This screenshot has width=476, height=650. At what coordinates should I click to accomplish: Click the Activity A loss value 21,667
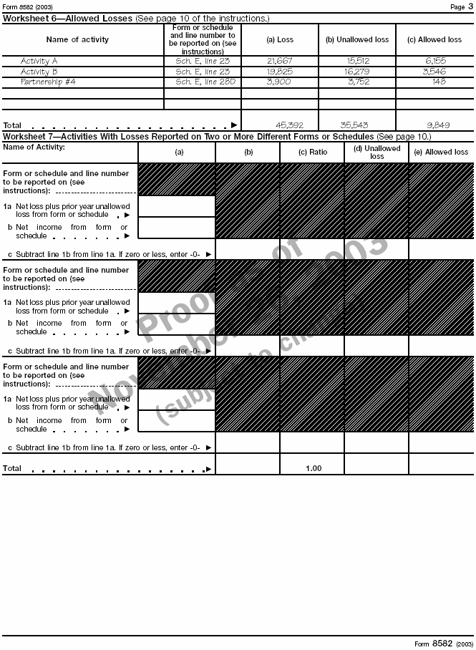coord(279,62)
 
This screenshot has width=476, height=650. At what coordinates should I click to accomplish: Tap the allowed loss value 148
coord(439,82)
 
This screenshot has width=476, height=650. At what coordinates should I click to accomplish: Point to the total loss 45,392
coord(289,125)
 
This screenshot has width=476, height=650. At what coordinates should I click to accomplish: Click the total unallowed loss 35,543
coord(356,125)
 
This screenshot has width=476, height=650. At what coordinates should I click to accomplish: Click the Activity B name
coord(39,72)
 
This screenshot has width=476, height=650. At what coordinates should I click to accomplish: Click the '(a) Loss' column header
coord(280,39)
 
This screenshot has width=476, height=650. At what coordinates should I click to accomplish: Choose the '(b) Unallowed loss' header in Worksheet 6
coord(357,39)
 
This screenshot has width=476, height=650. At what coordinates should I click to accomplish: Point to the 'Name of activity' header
coord(77,39)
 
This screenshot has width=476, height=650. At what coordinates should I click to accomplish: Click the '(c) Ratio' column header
coord(313,152)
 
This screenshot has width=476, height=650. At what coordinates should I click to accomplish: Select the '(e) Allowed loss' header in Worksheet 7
coord(441,152)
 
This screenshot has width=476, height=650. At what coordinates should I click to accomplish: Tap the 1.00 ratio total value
coord(314,468)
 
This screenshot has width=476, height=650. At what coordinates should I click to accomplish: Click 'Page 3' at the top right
coord(458,7)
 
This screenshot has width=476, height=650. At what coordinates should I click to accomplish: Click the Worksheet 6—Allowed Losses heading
coord(67,18)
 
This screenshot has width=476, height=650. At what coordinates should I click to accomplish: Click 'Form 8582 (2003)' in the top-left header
coord(27,7)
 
